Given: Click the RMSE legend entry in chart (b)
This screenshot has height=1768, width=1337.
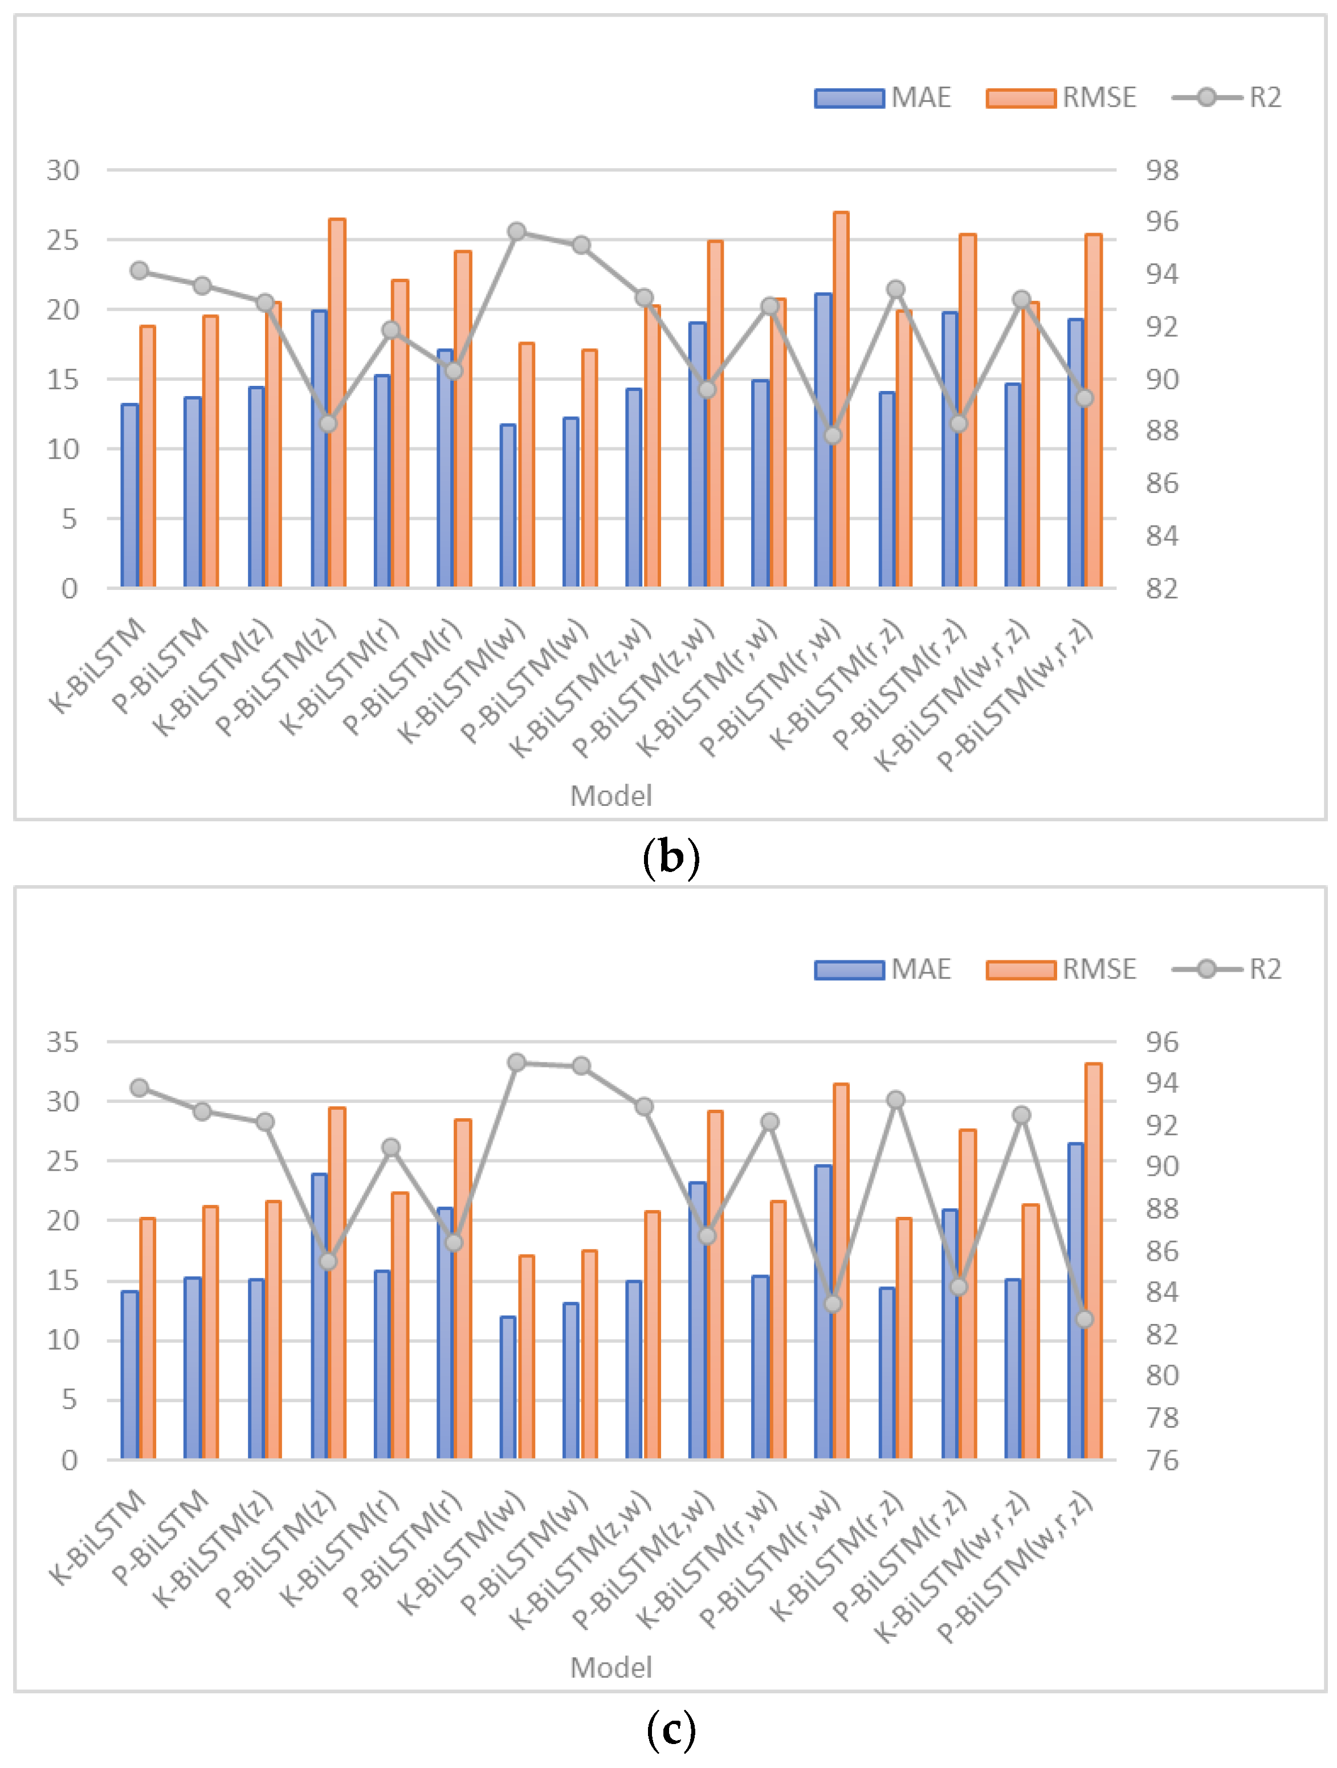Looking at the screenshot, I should point(1061,97).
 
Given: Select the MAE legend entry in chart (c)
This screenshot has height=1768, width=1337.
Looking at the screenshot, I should point(882,969).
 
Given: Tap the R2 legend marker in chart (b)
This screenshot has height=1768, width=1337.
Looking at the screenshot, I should point(1206,97).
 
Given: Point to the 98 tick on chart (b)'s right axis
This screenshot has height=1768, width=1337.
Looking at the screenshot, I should point(1161,170).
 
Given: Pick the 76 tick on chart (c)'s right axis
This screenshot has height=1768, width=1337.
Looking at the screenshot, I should point(1161,1460).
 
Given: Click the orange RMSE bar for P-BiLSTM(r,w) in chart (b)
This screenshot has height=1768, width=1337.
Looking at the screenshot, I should point(841,400).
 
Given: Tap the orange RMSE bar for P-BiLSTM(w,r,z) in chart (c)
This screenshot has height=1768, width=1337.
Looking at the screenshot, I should point(1093,1263).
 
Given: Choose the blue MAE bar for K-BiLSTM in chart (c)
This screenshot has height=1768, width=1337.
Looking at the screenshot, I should point(129,1376).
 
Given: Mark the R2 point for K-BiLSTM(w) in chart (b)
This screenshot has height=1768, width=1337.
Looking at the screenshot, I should point(517,232).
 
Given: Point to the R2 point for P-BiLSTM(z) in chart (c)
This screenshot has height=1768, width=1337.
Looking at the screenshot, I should point(328,1261).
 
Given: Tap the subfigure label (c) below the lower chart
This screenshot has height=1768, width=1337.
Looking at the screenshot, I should point(670,1730).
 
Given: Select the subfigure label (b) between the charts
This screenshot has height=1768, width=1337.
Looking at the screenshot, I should point(670,858).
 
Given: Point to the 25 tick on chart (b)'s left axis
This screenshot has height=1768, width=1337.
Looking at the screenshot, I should point(63,240).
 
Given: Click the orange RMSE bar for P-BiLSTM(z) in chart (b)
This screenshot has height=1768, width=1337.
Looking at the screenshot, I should point(336,404).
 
